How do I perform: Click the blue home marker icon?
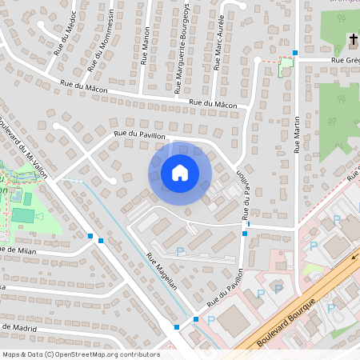[179, 172]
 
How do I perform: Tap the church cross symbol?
[352, 39]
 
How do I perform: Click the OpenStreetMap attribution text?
[80, 354]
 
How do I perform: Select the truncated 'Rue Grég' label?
[346, 59]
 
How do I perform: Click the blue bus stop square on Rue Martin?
[295, 53]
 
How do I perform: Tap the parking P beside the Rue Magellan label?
[179, 251]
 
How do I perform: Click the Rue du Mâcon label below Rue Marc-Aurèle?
[214, 104]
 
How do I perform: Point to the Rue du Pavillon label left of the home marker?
[139, 134]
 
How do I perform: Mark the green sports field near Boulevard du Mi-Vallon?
[24, 214]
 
